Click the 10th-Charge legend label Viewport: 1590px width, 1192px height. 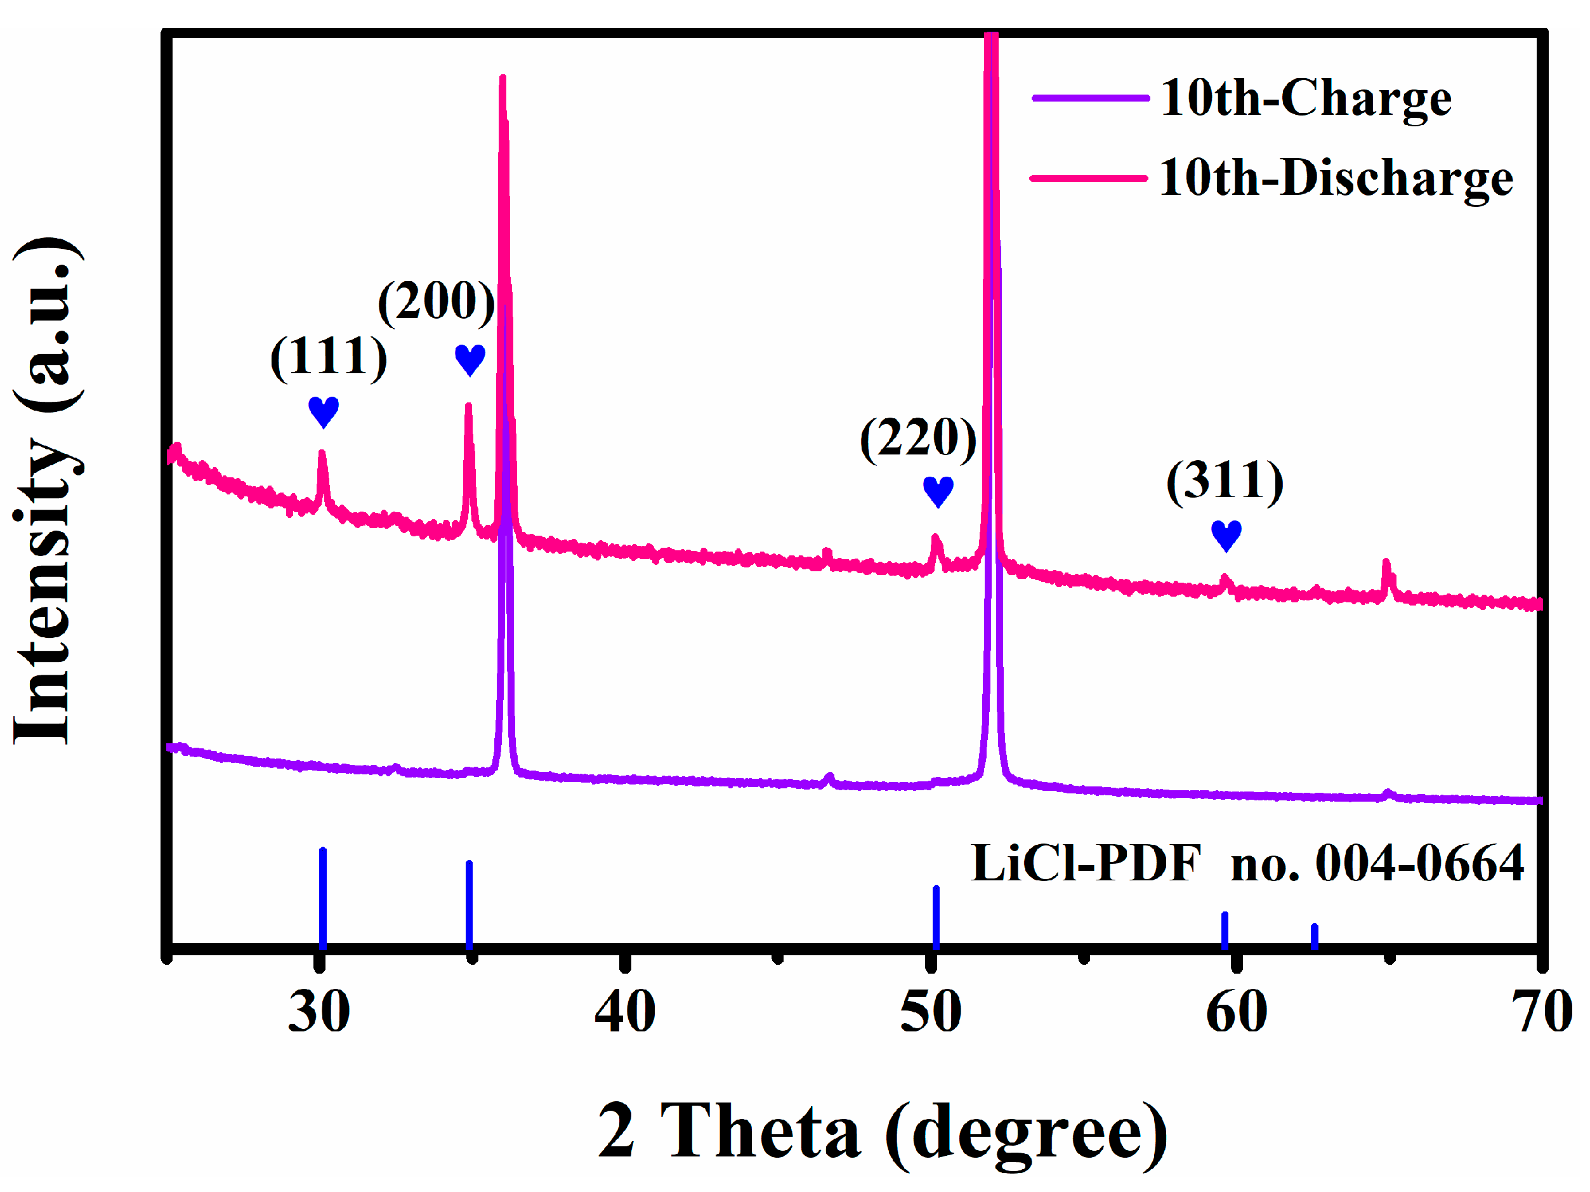1305,98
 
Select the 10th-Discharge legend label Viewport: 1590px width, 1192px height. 1336,178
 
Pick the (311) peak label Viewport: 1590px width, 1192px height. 1224,481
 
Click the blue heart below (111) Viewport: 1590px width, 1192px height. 324,411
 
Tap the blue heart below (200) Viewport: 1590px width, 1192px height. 470,359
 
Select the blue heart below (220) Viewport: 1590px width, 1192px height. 938,491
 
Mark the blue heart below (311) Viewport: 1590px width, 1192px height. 1226,536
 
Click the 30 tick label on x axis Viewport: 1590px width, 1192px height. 319,1012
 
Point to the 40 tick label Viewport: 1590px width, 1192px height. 624,1012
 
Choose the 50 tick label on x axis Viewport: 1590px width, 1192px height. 930,1012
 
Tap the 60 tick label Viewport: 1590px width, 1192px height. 1237,1012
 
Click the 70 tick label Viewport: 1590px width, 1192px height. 1541,1012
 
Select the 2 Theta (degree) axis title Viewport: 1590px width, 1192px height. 882,1132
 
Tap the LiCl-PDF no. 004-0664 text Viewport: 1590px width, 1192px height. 1247,863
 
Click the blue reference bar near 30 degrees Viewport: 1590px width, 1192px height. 323,899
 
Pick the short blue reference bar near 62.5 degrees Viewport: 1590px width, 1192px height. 1314,936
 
